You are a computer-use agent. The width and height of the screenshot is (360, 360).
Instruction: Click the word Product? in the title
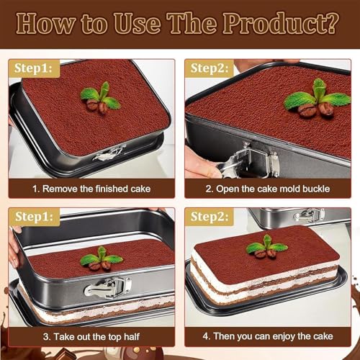[x=281, y=24]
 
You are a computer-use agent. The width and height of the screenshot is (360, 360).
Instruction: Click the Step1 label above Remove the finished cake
[x=33, y=68]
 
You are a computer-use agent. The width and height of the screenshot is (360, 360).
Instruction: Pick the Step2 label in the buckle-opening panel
[x=210, y=68]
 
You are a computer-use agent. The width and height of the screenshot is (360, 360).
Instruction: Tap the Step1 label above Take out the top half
[x=34, y=217]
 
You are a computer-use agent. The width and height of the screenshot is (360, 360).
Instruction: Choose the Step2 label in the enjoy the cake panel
[x=210, y=217]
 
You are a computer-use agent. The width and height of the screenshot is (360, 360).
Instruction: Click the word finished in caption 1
[x=112, y=189]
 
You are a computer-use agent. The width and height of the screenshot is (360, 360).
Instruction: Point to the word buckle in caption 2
[x=316, y=189]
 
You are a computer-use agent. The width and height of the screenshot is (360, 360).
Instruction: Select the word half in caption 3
[x=132, y=336]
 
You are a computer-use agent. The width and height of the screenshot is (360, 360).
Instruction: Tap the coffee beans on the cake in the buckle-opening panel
[x=315, y=110]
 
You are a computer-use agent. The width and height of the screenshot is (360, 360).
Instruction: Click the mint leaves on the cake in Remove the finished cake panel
[x=101, y=96]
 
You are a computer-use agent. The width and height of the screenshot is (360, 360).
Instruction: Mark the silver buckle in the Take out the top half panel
[x=107, y=287]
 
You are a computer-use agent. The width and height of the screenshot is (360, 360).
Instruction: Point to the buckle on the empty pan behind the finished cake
[x=309, y=215]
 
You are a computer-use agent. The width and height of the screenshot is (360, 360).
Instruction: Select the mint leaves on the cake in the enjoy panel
[x=267, y=245]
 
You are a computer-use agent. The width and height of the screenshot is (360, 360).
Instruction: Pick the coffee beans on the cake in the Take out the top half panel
[x=100, y=265]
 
